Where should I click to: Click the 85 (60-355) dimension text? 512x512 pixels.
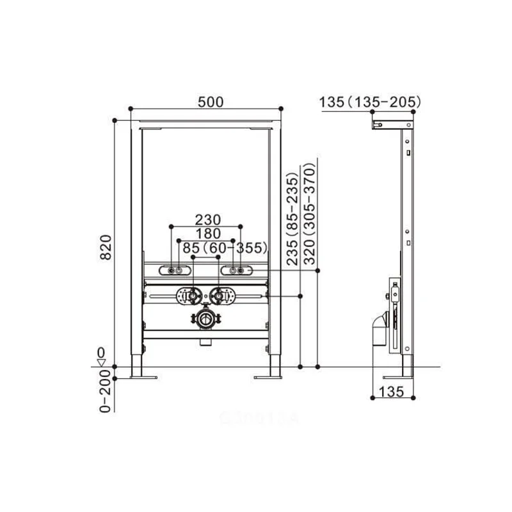tap(224, 248)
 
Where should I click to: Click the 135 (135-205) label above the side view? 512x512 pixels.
tap(369, 101)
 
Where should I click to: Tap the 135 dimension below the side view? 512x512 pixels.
tap(392, 392)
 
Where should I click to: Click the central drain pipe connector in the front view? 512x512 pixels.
tap(205, 320)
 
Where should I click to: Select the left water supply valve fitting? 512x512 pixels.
tap(189, 296)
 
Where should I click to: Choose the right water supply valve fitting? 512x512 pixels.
tap(220, 296)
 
